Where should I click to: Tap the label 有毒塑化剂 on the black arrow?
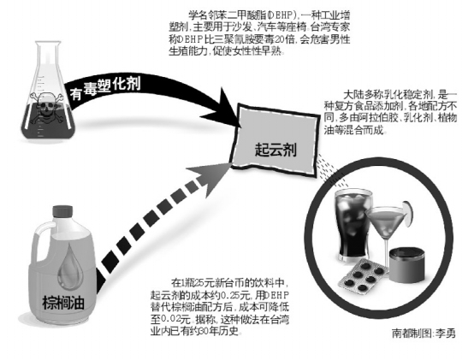[x=105, y=88]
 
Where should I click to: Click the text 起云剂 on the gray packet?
[x=275, y=150]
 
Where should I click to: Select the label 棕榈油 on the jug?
[x=63, y=303]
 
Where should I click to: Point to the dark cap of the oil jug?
[x=62, y=211]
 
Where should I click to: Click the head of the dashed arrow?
[x=210, y=179]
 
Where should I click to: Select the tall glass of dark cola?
[x=352, y=226]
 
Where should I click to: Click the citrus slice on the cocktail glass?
[x=406, y=214]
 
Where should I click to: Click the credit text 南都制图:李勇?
[x=423, y=333]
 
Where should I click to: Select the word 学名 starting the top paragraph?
[x=198, y=15]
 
